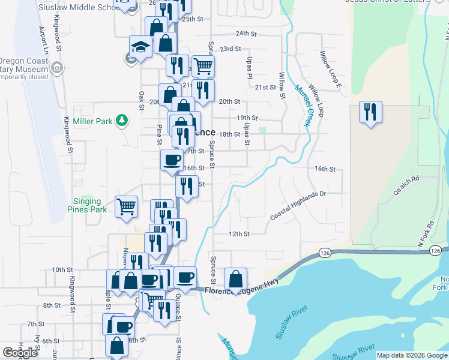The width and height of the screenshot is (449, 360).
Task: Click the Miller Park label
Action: pyautogui.click(x=92, y=121)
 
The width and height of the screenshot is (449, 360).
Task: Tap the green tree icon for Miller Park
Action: pyautogui.click(x=122, y=121)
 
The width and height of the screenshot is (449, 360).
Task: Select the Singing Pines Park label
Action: pyautogui.click(x=87, y=205)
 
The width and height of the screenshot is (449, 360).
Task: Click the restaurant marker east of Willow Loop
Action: pyautogui.click(x=370, y=112)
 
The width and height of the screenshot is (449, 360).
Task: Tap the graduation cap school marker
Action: pyautogui.click(x=141, y=47)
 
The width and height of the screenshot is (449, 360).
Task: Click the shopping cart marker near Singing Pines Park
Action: pyautogui.click(x=126, y=207)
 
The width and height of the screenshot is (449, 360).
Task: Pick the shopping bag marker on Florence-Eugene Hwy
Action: pyautogui.click(x=236, y=279)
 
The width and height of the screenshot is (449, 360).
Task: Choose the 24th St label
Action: pyautogui.click(x=246, y=34)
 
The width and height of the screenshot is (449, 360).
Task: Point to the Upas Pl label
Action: pyautogui.click(x=248, y=68)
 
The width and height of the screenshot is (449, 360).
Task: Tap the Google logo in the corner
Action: pyautogui.click(x=20, y=353)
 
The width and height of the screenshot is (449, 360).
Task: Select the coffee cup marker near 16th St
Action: pyautogui.click(x=172, y=160)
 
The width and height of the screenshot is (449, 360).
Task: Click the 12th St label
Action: pyautogui.click(x=238, y=233)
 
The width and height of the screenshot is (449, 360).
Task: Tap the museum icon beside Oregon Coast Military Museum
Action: pyautogui.click(x=57, y=67)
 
